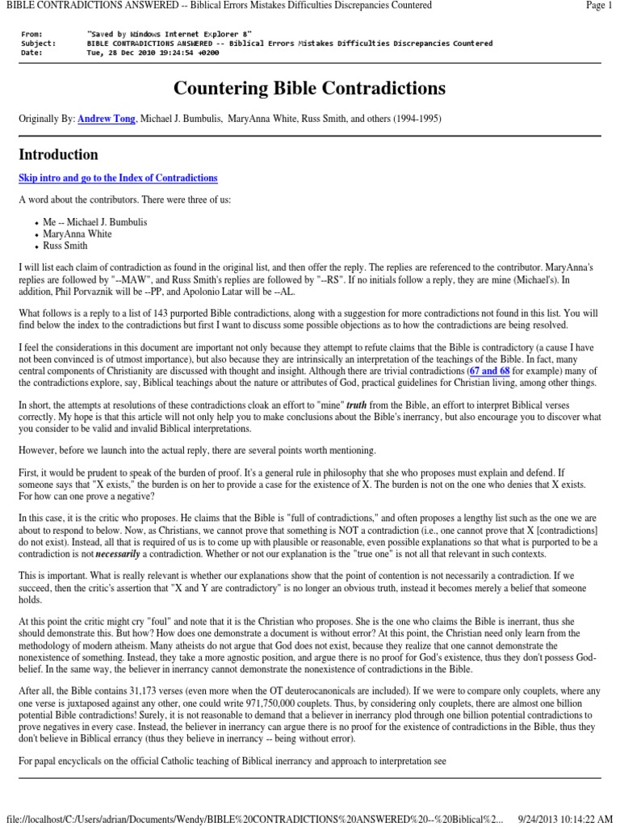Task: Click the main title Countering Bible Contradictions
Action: tap(310, 88)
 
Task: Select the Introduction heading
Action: tap(59, 154)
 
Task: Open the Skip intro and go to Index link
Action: tap(118, 178)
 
